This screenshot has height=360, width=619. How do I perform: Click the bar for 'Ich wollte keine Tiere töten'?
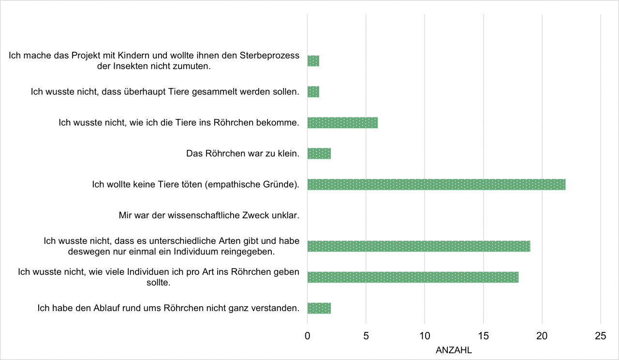point(436,184)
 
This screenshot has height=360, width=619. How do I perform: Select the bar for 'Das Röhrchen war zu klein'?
point(319,153)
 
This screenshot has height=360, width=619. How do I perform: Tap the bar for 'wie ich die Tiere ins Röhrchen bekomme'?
point(342,122)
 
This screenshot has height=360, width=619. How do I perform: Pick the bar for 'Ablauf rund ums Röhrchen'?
point(319,308)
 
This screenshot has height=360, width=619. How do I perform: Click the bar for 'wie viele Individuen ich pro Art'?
point(413,277)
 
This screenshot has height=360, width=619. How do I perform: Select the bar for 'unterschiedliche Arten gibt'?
point(419,246)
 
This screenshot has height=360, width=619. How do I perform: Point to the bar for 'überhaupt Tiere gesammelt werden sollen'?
point(313,91)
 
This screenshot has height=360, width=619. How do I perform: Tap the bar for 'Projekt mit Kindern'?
point(313,61)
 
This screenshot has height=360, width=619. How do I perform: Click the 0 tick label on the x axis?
point(308,336)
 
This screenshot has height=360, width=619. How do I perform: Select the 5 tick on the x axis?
point(366,336)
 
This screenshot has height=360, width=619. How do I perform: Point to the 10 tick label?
point(425,336)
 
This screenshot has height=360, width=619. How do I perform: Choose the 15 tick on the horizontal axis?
point(483,336)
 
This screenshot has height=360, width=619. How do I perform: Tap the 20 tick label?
point(542,336)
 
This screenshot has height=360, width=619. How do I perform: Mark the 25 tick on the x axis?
point(600,336)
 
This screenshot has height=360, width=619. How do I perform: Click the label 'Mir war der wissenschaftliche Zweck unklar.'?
point(209,215)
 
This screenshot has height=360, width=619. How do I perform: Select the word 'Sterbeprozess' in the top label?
point(269,55)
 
